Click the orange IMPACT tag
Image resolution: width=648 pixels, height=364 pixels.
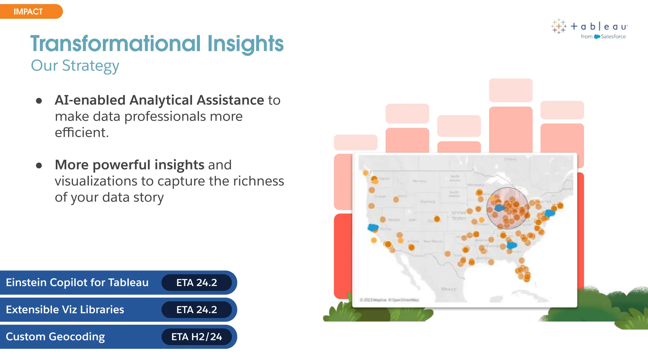28,12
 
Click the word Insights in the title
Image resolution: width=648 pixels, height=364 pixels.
245,44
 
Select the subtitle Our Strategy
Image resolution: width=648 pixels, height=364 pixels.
75,66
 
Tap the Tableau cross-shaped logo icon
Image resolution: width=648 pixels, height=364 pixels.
558,26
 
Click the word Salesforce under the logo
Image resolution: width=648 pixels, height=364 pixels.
613,37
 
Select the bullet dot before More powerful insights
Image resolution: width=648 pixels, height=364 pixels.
39,165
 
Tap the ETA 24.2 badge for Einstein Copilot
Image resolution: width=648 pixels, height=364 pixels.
196,282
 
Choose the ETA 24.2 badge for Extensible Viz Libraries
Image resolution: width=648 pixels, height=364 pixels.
196,310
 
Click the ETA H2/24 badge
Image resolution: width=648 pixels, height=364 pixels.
196,337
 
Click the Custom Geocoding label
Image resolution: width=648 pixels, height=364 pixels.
55,337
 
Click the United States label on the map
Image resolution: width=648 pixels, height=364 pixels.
459,215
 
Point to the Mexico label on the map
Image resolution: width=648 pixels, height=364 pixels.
449,289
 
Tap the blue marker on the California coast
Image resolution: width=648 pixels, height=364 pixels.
373,227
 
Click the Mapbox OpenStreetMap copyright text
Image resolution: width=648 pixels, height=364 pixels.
389,300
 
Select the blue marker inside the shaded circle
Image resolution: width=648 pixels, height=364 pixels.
500,208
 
